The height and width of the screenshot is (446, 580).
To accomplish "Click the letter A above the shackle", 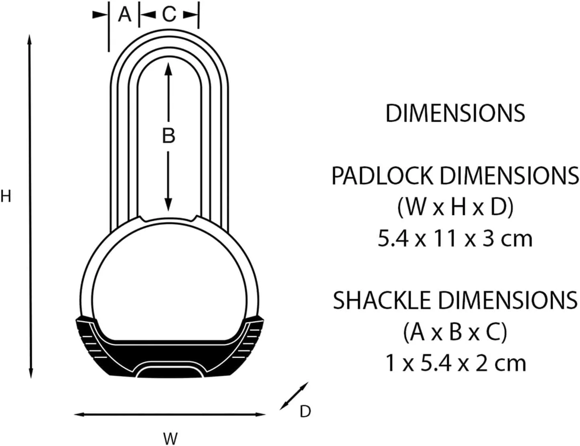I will point(125,15).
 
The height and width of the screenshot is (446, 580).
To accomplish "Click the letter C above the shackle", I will point(169,15).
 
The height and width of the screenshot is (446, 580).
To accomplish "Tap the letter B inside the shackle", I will point(168,136).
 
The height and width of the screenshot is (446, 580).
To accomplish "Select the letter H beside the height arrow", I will point(6,197).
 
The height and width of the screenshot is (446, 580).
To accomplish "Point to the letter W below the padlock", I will point(170,438).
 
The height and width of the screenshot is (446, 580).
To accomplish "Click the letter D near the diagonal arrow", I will point(305,411).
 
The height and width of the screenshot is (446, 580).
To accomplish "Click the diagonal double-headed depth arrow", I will point(294,396).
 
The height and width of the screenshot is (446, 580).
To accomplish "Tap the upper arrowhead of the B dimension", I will point(168,69).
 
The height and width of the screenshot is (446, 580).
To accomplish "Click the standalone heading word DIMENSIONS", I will point(455,113).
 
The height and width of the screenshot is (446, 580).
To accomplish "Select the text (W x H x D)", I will point(455,208).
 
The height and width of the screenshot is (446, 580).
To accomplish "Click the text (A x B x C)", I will point(455,332).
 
